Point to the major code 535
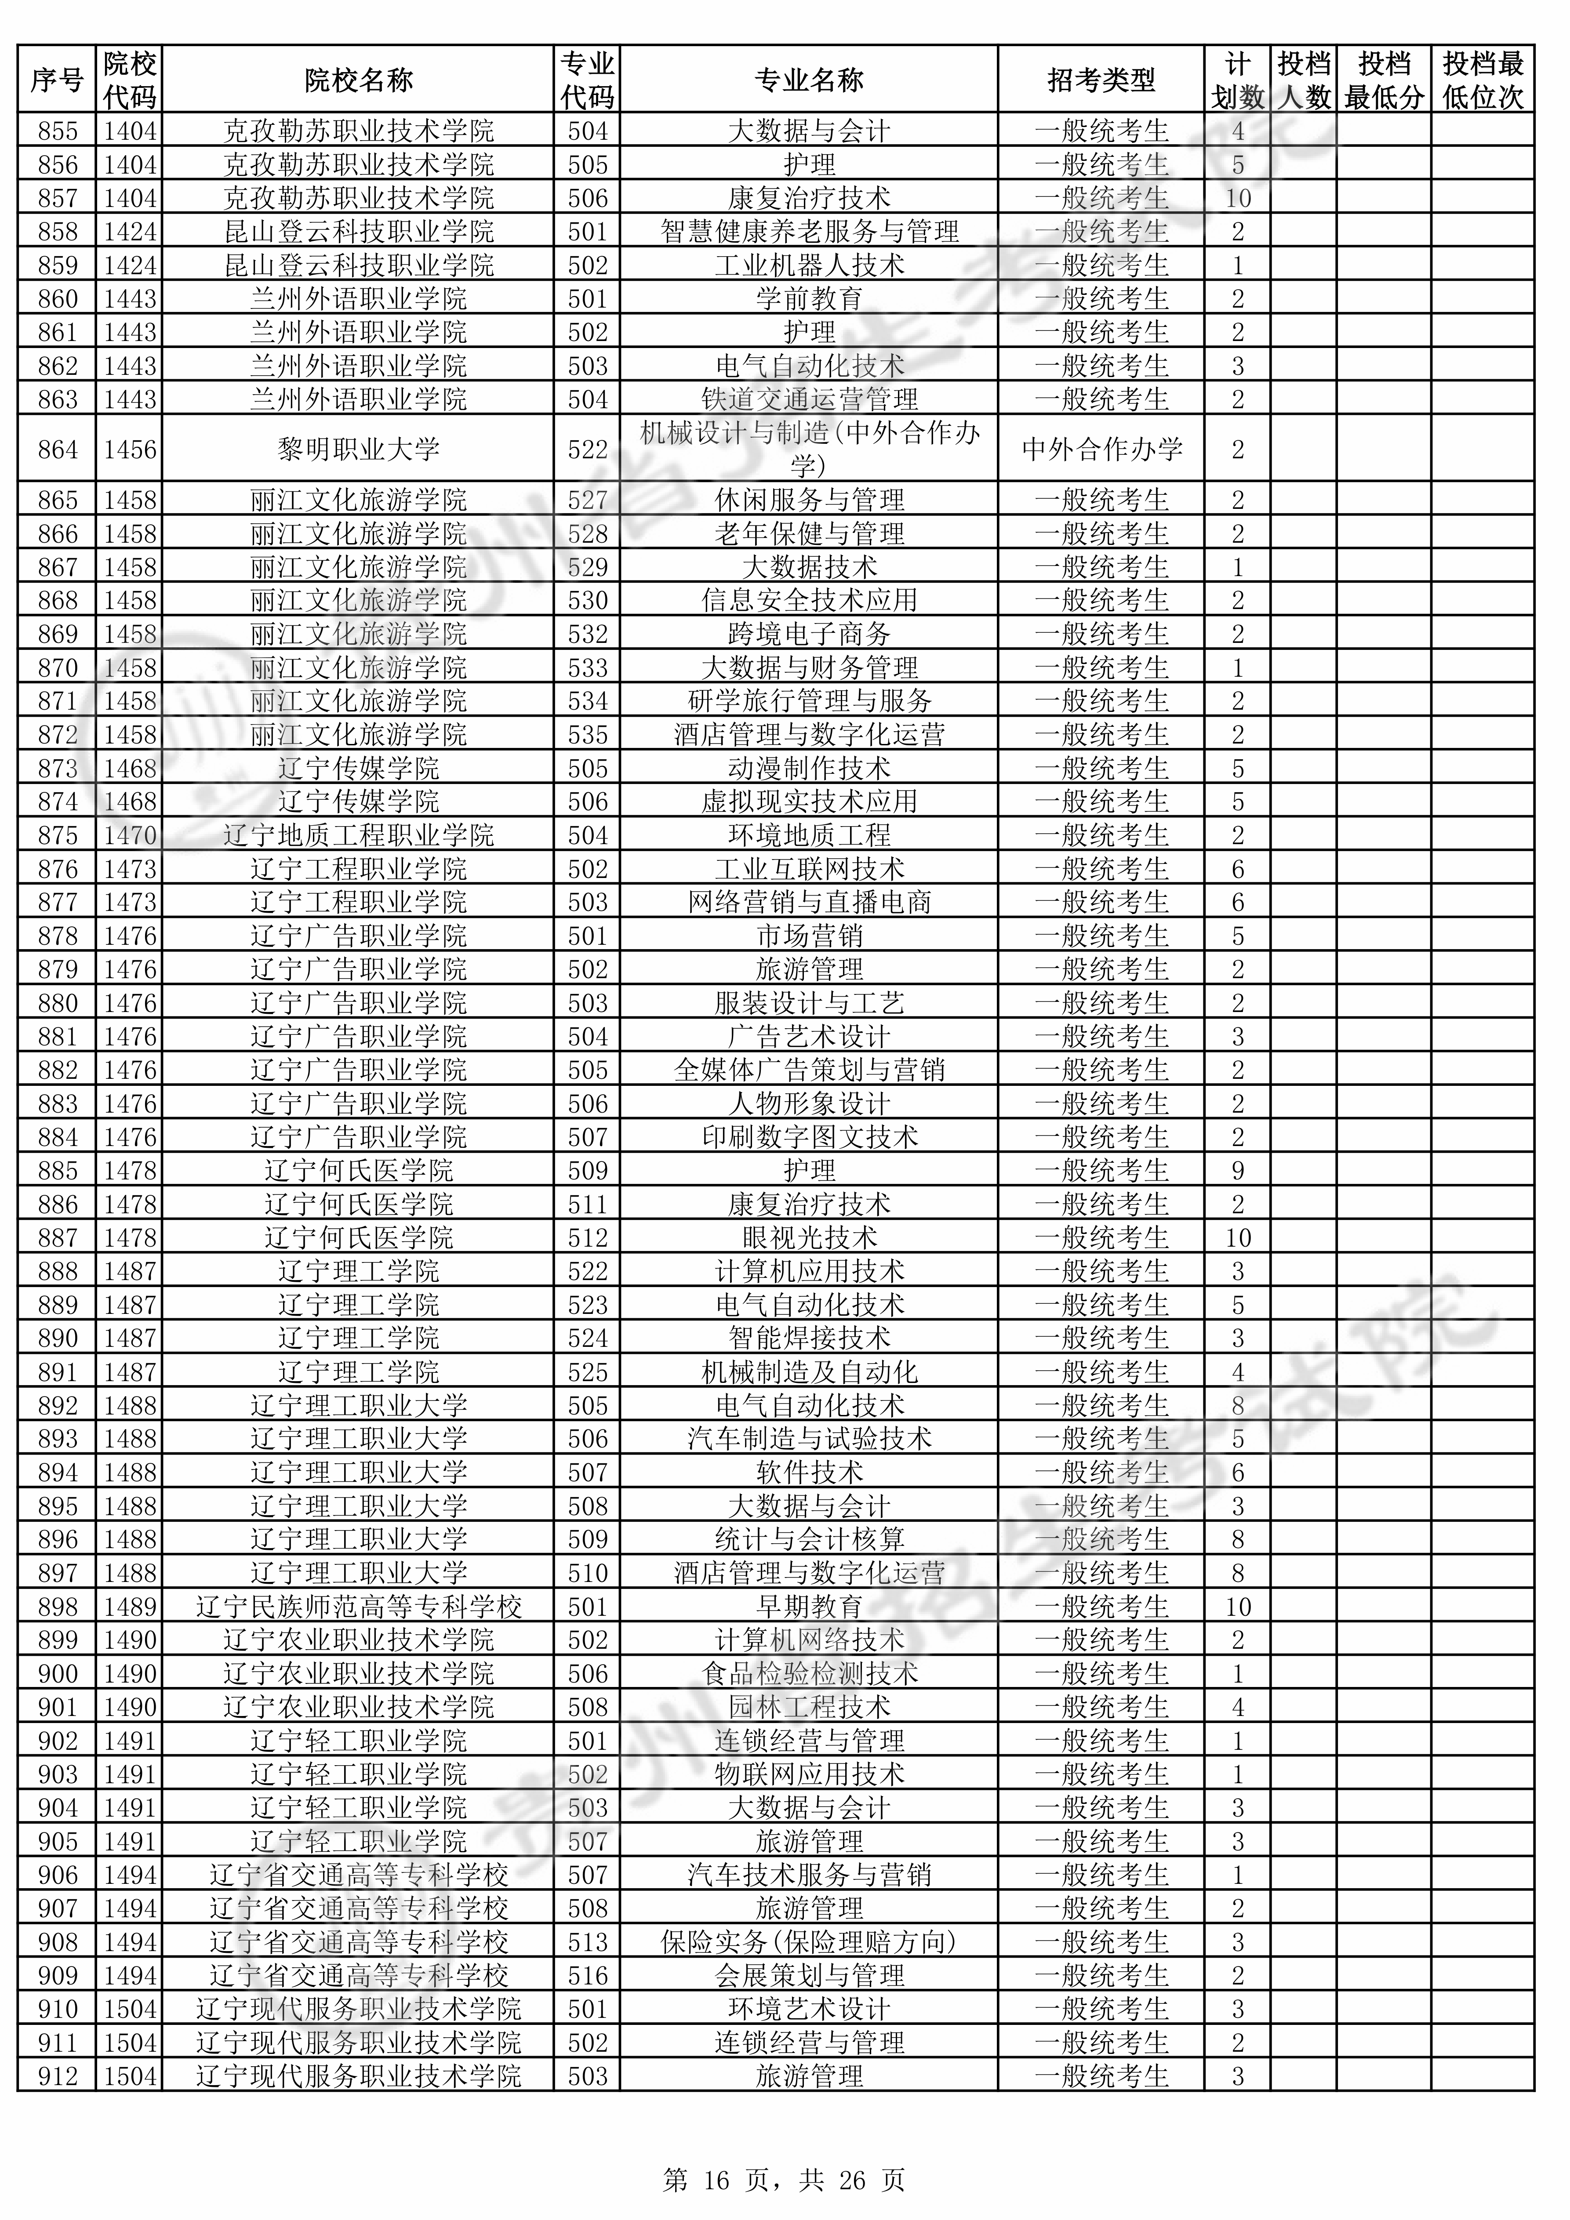[x=587, y=735]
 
